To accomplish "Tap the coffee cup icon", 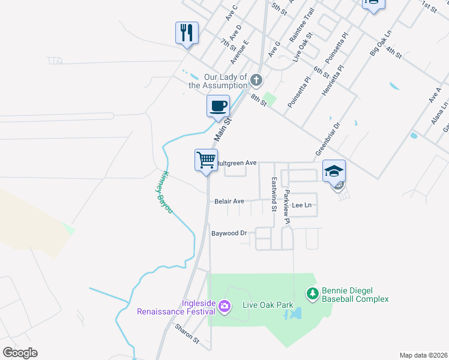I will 218,106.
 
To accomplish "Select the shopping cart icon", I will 206,160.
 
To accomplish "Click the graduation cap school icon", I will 334,171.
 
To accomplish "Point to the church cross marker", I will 256,80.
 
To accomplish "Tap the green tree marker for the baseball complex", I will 312,293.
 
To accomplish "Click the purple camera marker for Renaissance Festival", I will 224,307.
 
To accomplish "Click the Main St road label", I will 222,130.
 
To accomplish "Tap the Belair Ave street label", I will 229,202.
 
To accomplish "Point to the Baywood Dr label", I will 229,233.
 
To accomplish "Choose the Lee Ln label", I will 302,205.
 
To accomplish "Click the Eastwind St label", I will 274,194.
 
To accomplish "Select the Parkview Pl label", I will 287,207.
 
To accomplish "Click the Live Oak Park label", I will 268,305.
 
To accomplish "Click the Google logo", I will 20,353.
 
